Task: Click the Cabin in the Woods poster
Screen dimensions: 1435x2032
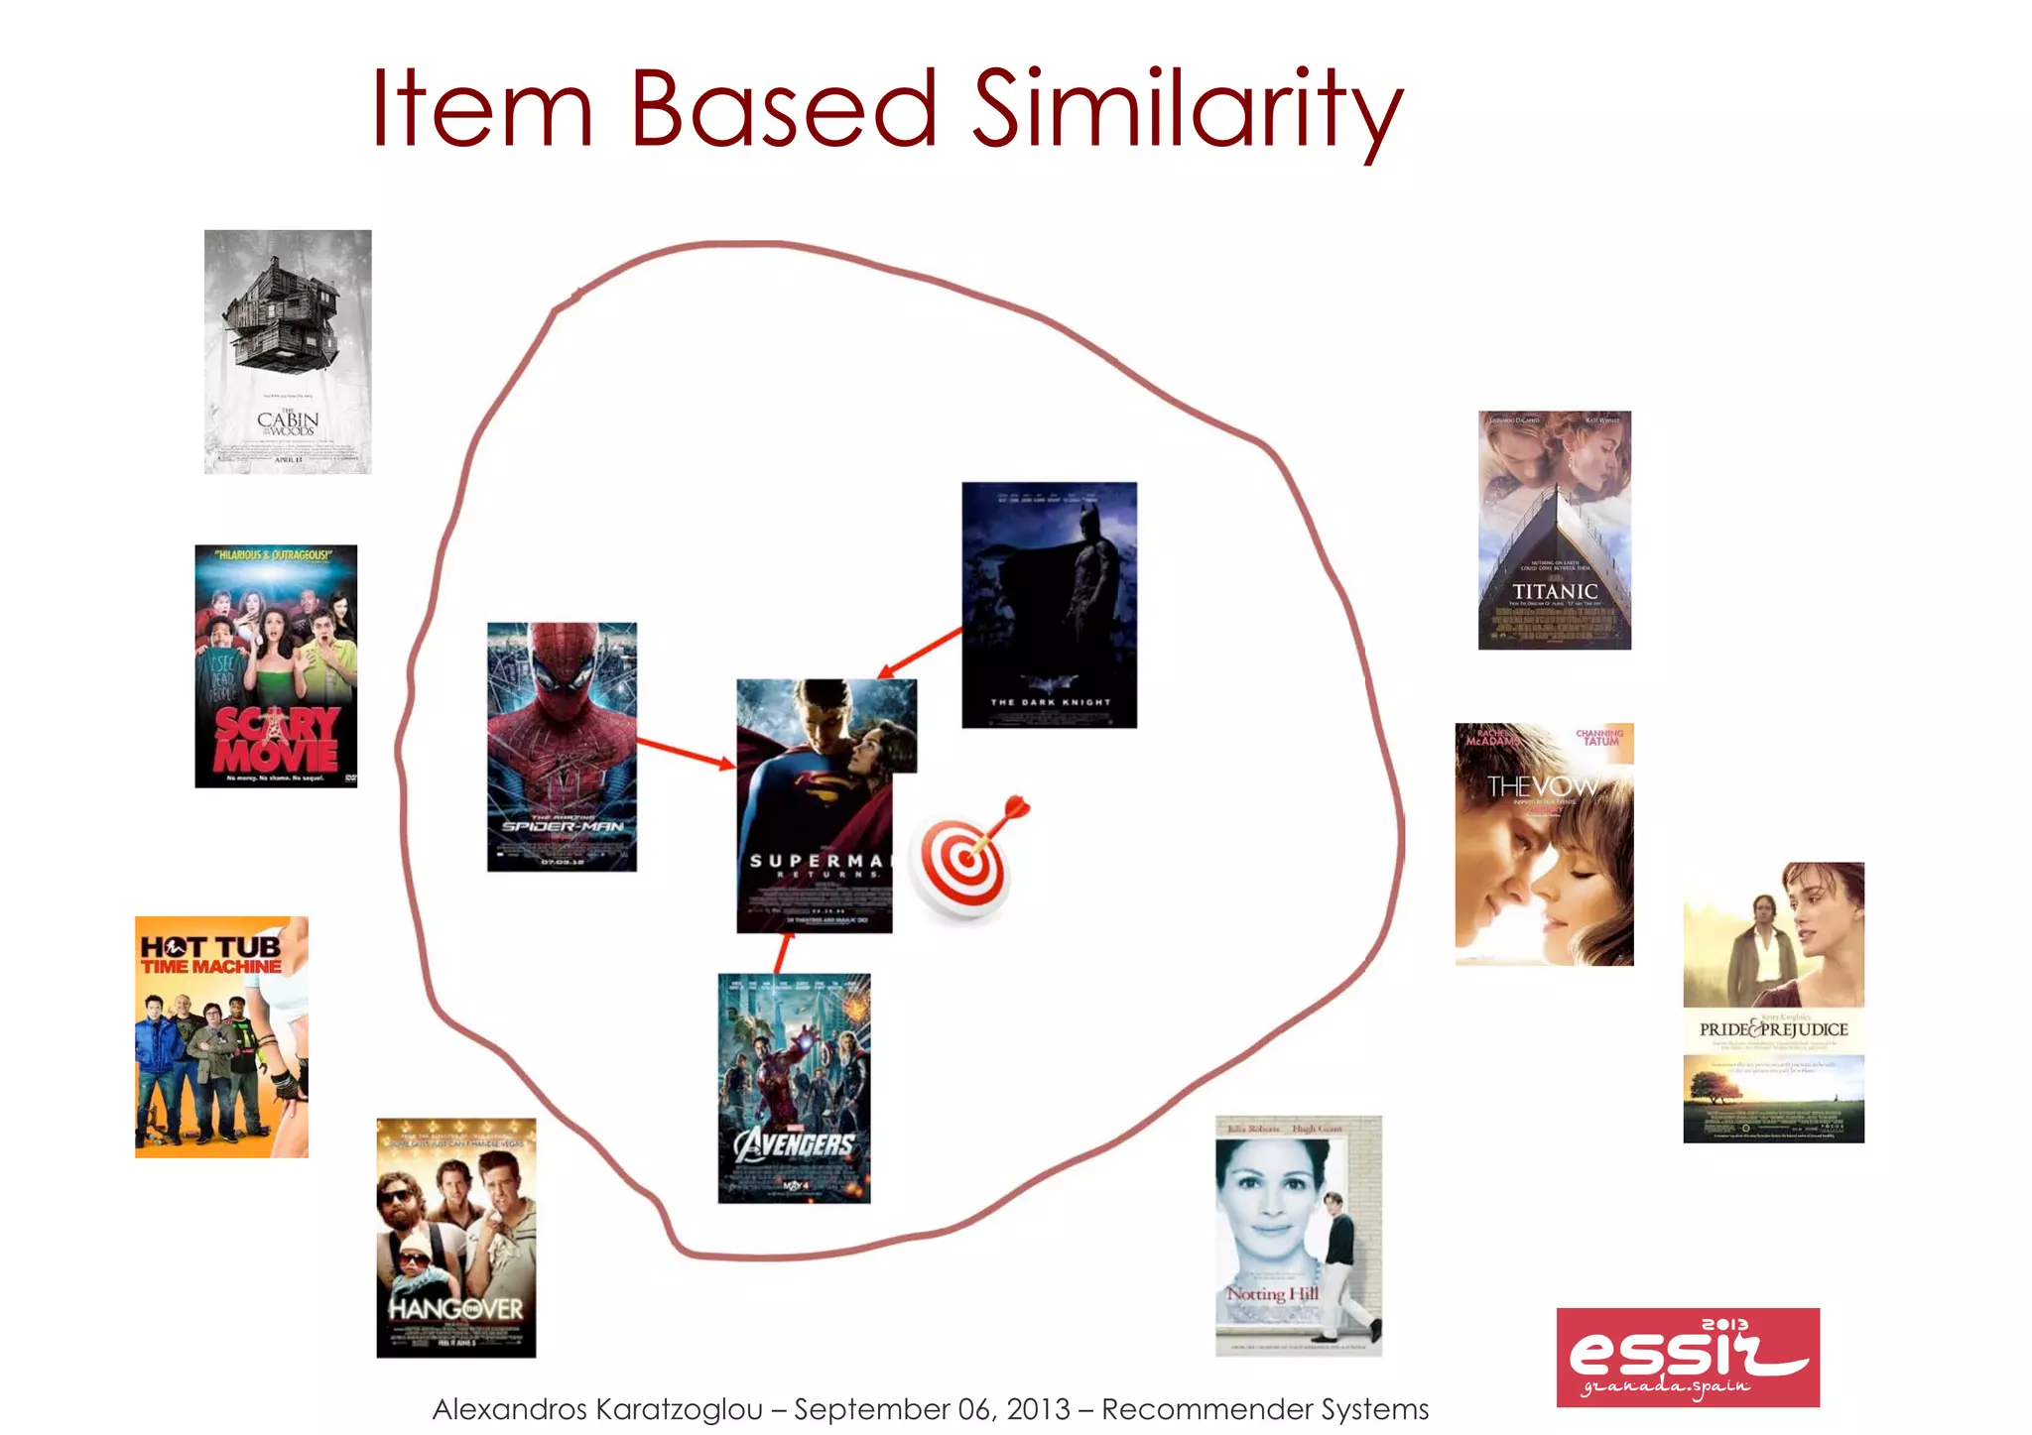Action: tap(288, 352)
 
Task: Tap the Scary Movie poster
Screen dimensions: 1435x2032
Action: tap(276, 666)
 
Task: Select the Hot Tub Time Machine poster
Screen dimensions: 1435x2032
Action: tap(221, 1036)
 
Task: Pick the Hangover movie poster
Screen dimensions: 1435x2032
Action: tap(456, 1238)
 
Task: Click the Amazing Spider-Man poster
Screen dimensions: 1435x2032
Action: tap(562, 747)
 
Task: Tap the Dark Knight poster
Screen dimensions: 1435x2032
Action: tap(1049, 605)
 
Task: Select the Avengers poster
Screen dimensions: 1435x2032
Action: tap(794, 1088)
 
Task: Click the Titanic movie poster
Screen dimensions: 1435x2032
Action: tap(1555, 531)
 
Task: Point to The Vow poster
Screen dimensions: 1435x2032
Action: tap(1544, 844)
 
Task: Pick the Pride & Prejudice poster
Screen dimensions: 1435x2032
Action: tap(1773, 1002)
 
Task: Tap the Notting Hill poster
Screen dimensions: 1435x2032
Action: tap(1298, 1236)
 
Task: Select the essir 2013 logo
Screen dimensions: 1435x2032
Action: tap(1688, 1357)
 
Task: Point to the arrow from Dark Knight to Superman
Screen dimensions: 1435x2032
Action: tap(920, 654)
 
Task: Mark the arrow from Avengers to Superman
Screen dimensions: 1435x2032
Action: tap(783, 953)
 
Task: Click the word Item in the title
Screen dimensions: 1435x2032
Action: tap(482, 109)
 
